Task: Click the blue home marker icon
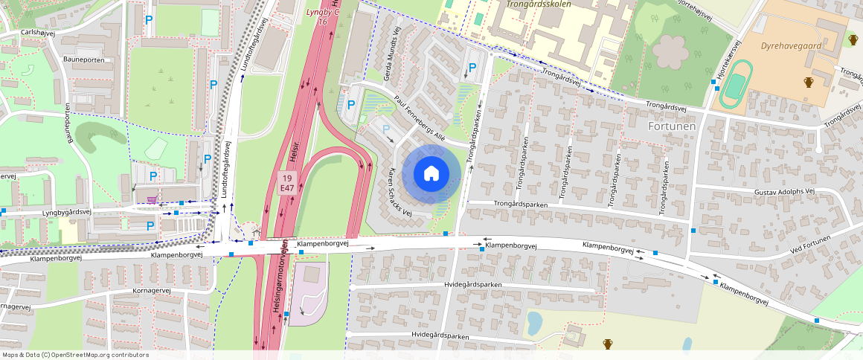tap(431, 173)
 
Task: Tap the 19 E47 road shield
tap(286, 183)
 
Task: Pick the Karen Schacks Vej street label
tap(400, 192)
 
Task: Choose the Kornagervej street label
tap(151, 290)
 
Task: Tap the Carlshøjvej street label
tap(39, 33)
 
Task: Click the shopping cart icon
tap(153, 200)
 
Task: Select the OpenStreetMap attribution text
tap(74, 355)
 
